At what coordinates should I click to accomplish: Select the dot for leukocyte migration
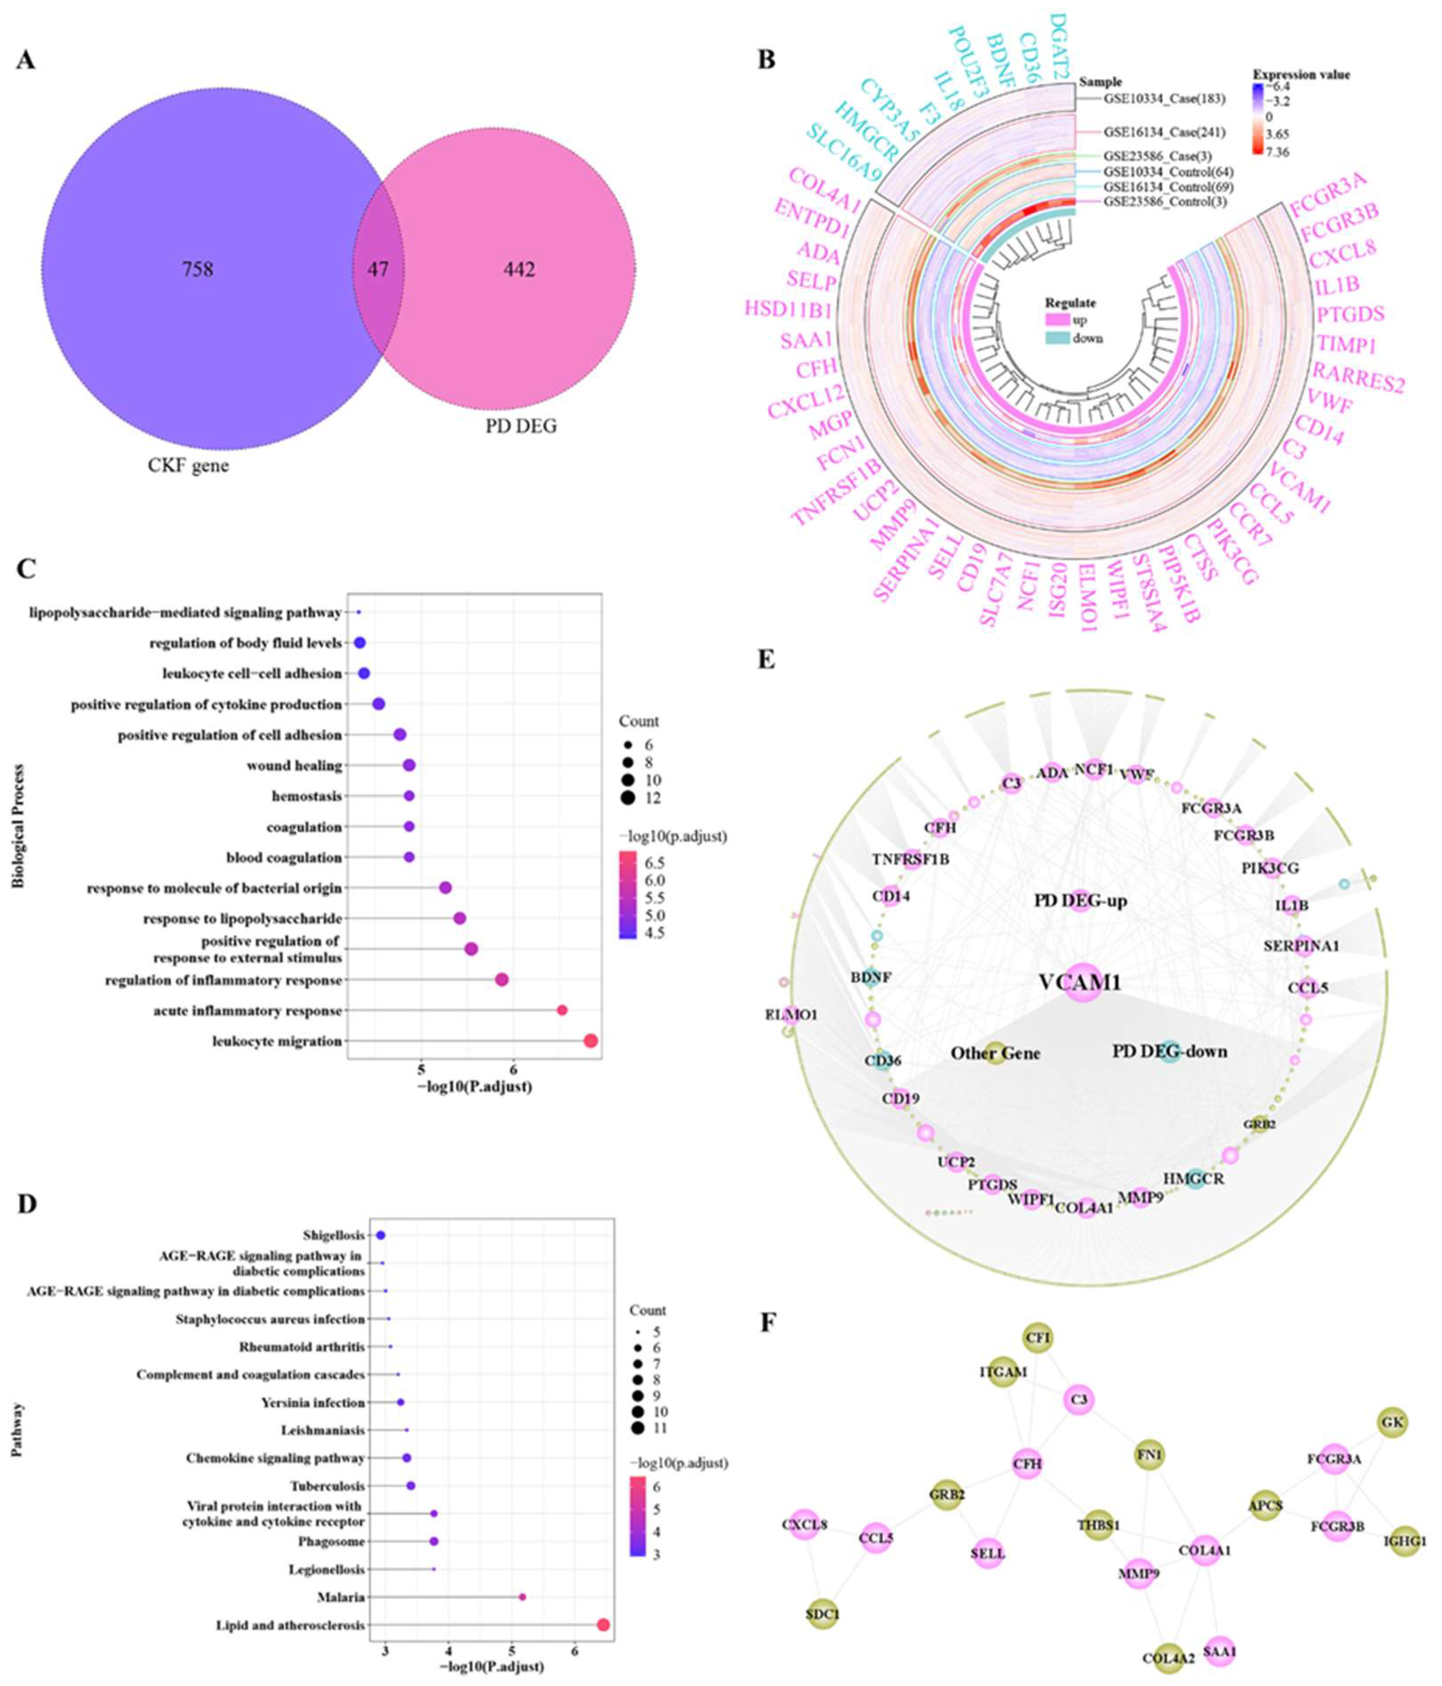591,1041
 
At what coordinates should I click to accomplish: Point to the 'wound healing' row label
294,766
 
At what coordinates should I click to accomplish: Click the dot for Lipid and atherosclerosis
603,1625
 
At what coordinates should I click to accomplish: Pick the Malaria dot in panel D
523,1597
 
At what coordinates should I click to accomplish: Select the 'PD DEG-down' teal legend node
1169,1051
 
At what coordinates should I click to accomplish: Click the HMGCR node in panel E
1194,1177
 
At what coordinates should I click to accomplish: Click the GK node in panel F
1391,1423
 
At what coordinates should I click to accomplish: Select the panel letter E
766,659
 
